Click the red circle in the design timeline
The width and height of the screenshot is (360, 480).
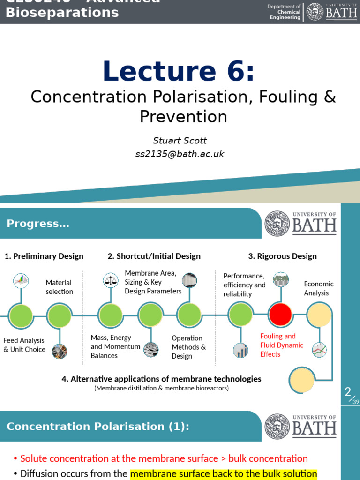280,315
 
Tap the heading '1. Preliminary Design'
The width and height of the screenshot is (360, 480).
44,256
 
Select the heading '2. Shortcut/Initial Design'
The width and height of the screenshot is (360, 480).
154,256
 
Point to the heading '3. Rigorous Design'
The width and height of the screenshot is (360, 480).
282,256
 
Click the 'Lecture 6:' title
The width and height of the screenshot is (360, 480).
179,72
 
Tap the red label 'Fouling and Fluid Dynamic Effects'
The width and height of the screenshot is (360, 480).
282,345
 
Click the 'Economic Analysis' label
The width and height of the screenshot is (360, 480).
319,288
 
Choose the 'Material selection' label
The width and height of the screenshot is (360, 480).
60,287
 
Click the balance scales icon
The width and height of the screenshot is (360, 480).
111,280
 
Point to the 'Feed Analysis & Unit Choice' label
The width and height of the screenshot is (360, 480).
24,345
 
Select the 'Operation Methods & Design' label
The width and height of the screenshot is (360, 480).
189,347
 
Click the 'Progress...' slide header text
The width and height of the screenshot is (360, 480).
38,224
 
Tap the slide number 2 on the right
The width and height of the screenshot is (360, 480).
347,392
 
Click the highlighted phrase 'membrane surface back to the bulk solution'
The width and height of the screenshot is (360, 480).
224,474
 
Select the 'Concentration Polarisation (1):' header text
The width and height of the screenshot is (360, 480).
98,426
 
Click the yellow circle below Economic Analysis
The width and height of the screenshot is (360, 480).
319,315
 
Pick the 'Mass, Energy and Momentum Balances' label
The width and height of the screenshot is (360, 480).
115,346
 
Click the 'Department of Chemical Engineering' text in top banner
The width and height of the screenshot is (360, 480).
284,12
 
